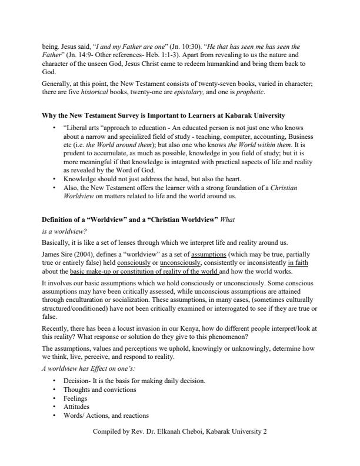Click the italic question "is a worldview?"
click(x=65, y=231)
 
